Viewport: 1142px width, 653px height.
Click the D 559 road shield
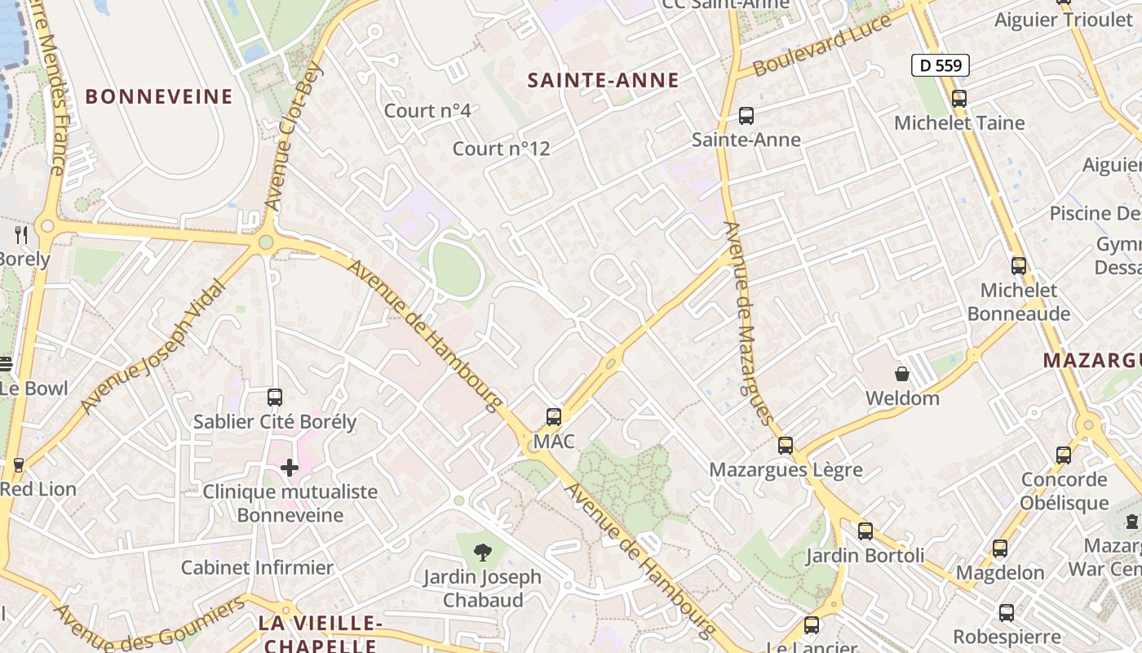pyautogui.click(x=941, y=65)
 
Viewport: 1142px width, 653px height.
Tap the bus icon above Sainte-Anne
pyautogui.click(x=746, y=116)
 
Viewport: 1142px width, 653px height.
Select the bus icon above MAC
pyautogui.click(x=554, y=417)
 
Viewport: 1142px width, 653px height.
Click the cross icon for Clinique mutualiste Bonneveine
pyautogui.click(x=289, y=468)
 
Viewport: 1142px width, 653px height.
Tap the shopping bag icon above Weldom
pyautogui.click(x=902, y=375)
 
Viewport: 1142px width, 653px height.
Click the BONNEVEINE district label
pyautogui.click(x=159, y=96)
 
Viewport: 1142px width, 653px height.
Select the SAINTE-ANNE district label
pyautogui.click(x=603, y=80)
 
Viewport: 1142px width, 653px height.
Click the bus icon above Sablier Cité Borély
pyautogui.click(x=275, y=398)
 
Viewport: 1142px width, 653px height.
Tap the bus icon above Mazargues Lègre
pyautogui.click(x=786, y=446)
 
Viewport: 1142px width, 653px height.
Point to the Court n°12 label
pyautogui.click(x=501, y=149)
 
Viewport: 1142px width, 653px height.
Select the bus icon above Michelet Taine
pyautogui.click(x=959, y=99)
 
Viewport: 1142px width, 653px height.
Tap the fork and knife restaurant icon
pyautogui.click(x=21, y=235)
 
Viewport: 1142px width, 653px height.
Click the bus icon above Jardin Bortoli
pyautogui.click(x=865, y=531)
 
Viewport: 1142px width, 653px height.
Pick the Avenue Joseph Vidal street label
pyautogui.click(x=153, y=346)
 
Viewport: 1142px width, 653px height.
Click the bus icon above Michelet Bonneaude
pyautogui.click(x=1019, y=266)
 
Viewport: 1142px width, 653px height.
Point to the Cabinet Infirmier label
pyautogui.click(x=257, y=567)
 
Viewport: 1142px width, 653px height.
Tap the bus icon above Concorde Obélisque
pyautogui.click(x=1064, y=455)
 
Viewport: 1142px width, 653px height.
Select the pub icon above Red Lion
pyautogui.click(x=19, y=465)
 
